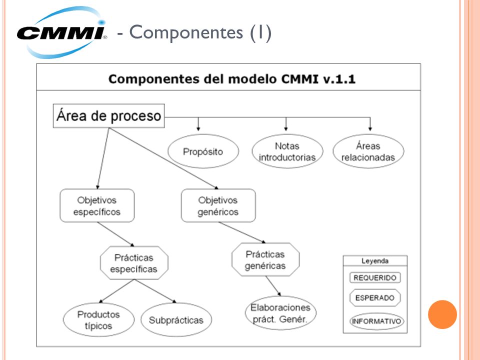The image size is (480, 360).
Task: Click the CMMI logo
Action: point(61,32)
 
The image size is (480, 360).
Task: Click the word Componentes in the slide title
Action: point(186,32)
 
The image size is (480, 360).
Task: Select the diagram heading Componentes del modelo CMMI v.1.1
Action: point(231,79)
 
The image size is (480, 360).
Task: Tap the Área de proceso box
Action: point(108,115)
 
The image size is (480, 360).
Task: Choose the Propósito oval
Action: point(203,151)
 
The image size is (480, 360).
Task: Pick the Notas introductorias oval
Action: point(287,151)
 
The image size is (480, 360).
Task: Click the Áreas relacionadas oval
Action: point(368,151)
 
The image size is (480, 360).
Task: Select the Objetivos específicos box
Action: point(97,205)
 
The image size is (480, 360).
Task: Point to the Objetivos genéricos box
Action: point(218,205)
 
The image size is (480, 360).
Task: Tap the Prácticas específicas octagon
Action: point(134,263)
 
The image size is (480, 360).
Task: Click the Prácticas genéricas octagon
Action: point(265,259)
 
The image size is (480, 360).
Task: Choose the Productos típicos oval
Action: point(98,319)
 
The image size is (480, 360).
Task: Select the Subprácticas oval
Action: point(176,319)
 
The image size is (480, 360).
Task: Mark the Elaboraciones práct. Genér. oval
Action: point(280,313)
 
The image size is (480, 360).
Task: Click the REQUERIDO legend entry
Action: point(375,277)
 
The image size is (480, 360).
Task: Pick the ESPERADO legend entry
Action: point(375,297)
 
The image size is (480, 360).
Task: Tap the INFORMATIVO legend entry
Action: point(376,321)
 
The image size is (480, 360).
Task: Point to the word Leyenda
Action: point(375,261)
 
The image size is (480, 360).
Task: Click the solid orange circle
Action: point(442,314)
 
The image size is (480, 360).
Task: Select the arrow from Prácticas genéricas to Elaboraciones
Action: point(273,286)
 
